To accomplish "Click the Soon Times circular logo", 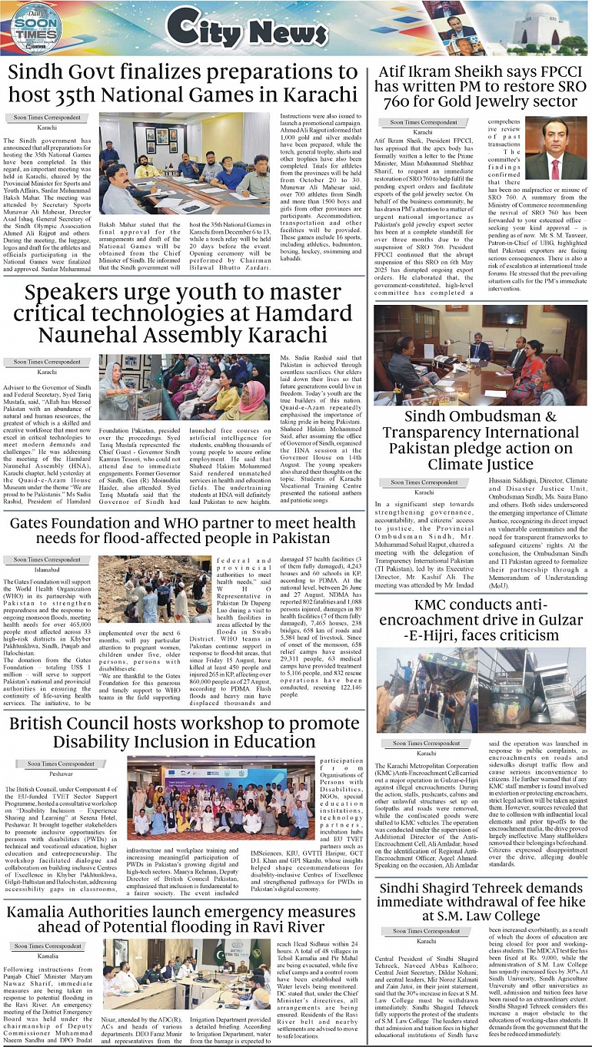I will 35,28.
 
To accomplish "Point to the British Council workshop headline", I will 184,734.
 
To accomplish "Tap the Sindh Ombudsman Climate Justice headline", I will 481,440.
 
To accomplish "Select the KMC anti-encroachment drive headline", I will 481,623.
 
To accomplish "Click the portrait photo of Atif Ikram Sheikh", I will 556,148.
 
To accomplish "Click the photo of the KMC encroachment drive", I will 481,691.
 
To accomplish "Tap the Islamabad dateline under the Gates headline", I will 46,570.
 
